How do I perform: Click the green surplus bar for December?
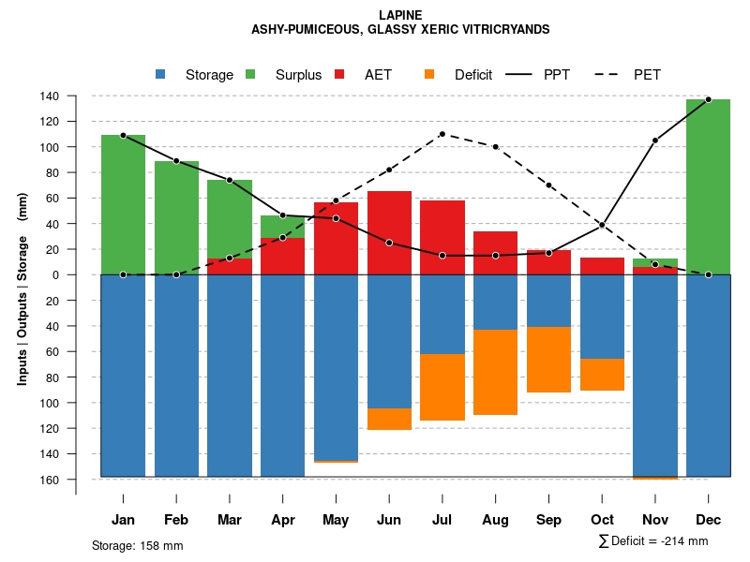pos(708,186)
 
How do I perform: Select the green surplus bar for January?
pos(123,204)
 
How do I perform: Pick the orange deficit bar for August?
pos(495,372)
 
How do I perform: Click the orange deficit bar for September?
pos(548,360)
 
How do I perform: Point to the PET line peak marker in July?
pos(442,134)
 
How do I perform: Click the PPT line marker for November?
pos(655,140)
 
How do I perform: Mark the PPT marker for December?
pos(708,99)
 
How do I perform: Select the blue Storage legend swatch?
pos(160,74)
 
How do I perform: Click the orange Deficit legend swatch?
pos(429,74)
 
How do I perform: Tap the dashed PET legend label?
pos(647,75)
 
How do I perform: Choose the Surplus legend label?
pos(298,75)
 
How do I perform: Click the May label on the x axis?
pos(336,520)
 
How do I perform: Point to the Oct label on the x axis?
pos(602,520)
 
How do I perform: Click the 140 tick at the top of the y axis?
pos(76,96)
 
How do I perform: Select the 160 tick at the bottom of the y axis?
pos(76,480)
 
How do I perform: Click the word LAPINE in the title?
pos(400,15)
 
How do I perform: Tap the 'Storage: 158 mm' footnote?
pos(138,546)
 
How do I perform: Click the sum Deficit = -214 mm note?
pos(652,541)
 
